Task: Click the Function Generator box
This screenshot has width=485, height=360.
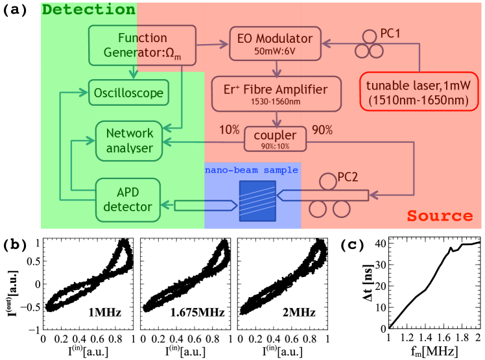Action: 134,45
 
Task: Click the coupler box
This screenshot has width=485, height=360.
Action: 276,137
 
